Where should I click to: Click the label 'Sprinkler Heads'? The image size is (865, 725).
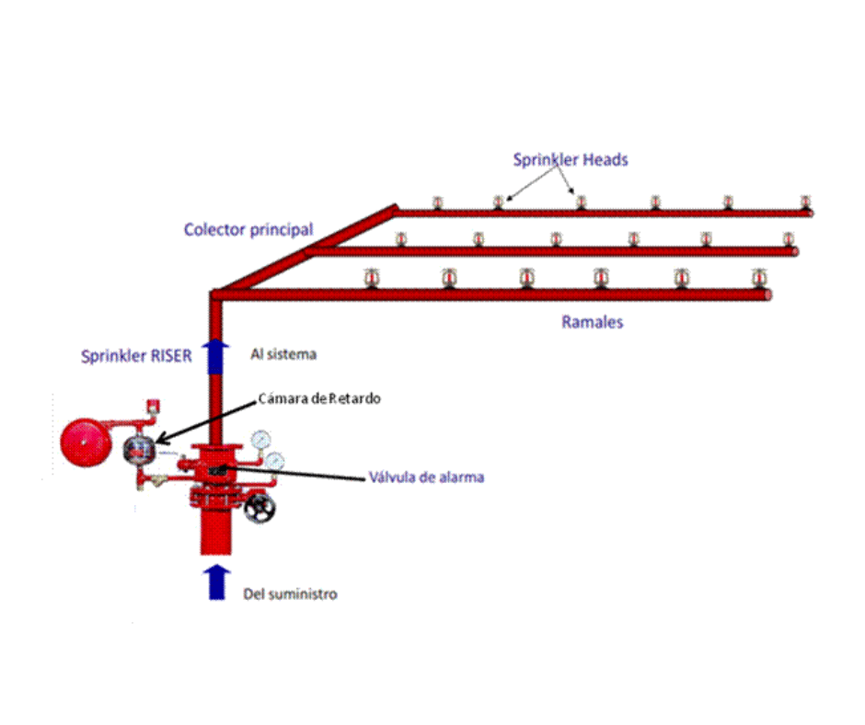click(x=571, y=160)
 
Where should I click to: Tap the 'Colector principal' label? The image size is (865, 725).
click(x=248, y=229)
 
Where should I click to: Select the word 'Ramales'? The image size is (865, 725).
click(x=593, y=322)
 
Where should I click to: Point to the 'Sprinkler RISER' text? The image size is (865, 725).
click(x=137, y=356)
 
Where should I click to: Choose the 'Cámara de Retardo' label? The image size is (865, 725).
click(x=320, y=398)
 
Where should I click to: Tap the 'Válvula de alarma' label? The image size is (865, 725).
click(x=426, y=478)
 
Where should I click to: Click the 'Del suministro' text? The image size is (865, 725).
click(x=290, y=593)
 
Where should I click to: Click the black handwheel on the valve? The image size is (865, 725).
click(x=261, y=507)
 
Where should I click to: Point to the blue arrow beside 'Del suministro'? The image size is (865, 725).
click(x=216, y=581)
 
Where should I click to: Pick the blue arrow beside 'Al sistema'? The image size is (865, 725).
click(x=216, y=354)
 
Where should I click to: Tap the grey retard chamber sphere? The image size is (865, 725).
click(x=139, y=448)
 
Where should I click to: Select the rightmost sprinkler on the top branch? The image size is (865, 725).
click(x=805, y=202)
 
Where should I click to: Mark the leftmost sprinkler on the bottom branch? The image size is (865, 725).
click(x=372, y=278)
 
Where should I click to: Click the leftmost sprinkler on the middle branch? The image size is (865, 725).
click(x=400, y=239)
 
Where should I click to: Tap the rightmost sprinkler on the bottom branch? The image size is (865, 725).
click(x=759, y=278)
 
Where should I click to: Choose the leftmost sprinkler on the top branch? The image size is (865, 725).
click(x=438, y=202)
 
